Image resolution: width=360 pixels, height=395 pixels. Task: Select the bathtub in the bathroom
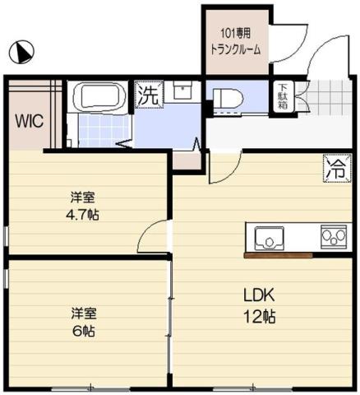[99, 97]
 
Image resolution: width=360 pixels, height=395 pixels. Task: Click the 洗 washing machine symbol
[148, 95]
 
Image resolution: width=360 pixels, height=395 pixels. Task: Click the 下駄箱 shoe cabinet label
[282, 97]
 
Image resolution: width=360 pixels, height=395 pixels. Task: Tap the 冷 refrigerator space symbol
[335, 169]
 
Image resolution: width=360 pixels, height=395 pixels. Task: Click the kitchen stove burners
[334, 238]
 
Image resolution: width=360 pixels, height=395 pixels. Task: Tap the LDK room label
[257, 296]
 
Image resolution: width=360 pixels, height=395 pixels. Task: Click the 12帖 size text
[257, 317]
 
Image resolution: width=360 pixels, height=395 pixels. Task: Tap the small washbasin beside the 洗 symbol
[182, 91]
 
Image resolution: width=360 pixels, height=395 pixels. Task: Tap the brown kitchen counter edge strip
[277, 255]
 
